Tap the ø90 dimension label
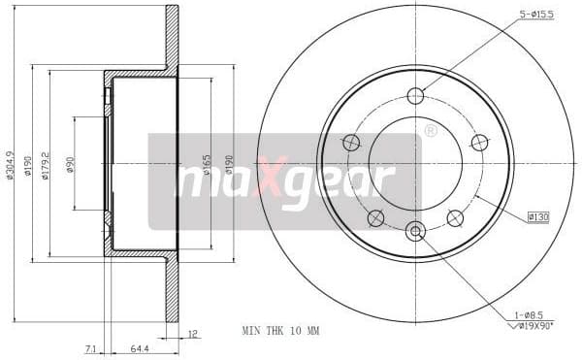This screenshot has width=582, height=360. pos(70,164)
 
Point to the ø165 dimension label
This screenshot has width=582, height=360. pos(207,164)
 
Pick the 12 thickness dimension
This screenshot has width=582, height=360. pos(193,334)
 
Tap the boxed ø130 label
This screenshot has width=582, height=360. pos(537,217)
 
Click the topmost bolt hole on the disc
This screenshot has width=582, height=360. pos(415,95)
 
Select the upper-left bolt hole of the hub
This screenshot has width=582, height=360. pos(351,143)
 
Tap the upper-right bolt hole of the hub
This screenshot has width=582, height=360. pos(479,143)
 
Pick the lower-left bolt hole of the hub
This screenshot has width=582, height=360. pos(376,218)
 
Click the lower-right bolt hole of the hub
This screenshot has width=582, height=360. pos(455,218)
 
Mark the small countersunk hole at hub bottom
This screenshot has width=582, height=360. pos(415,231)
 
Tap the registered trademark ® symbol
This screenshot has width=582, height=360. pos(430,129)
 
